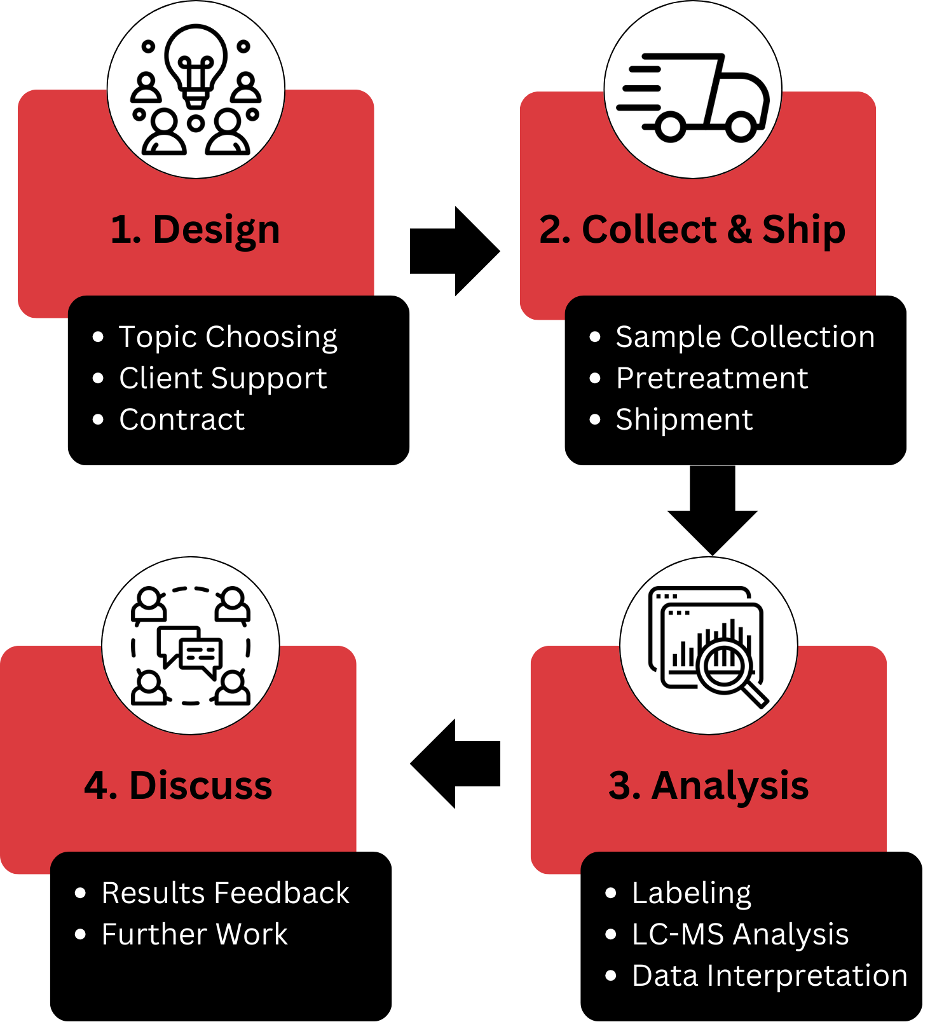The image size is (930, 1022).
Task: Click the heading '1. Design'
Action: tap(195, 229)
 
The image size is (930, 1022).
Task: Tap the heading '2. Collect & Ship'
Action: tap(692, 229)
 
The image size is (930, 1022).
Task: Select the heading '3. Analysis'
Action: tap(708, 786)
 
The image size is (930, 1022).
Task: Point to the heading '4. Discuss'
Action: tap(178, 786)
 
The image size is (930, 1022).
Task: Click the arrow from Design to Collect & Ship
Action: tap(454, 251)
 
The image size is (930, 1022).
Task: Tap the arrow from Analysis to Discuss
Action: tap(455, 763)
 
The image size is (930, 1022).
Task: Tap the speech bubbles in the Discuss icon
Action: tap(190, 650)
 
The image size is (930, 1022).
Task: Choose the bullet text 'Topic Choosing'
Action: tap(228, 337)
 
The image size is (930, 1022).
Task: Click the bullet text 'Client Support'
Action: tap(222, 378)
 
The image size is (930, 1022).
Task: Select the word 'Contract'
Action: tap(182, 419)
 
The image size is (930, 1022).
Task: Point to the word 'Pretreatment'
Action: tap(712, 378)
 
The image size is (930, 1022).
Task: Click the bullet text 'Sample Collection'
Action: tap(745, 337)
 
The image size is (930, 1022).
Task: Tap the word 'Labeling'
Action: tap(692, 893)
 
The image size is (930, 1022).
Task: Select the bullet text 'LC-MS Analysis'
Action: tap(740, 934)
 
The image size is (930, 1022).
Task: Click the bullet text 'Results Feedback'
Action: tap(225, 893)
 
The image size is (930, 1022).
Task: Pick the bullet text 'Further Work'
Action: tap(195, 934)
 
